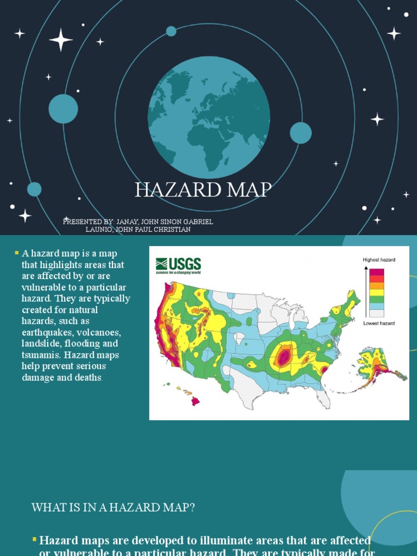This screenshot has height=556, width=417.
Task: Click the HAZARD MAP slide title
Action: pyautogui.click(x=203, y=190)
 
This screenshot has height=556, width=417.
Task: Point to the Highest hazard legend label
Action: pyautogui.click(x=378, y=260)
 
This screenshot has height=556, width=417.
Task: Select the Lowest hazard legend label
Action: pyautogui.click(x=378, y=324)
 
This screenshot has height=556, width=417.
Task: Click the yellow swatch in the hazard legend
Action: pyautogui.click(x=376, y=292)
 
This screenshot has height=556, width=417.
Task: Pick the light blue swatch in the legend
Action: pyautogui.click(x=376, y=306)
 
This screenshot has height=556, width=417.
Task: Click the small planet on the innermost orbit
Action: pyautogui.click(x=171, y=31)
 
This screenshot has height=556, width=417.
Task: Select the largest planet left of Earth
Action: pyautogui.click(x=63, y=109)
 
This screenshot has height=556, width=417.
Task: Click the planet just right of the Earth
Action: pyautogui.click(x=301, y=133)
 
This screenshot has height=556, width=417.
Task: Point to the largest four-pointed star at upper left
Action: pyautogui.click(x=61, y=40)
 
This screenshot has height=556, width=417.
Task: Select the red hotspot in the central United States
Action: pyautogui.click(x=283, y=357)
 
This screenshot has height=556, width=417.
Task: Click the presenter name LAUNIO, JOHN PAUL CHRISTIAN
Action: pyautogui.click(x=138, y=229)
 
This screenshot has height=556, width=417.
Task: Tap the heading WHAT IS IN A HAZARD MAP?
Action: pyautogui.click(x=113, y=508)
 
